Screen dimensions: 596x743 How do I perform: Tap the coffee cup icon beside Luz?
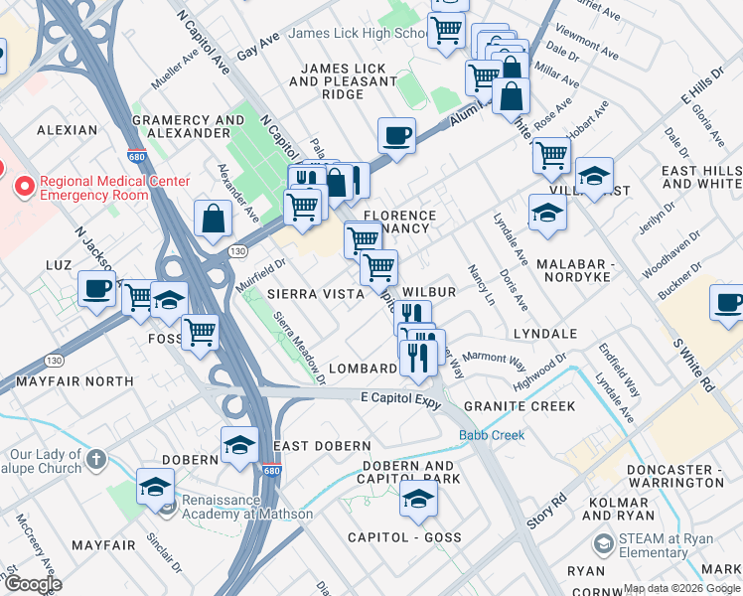coord(97,289)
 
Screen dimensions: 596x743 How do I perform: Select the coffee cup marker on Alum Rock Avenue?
coord(396,136)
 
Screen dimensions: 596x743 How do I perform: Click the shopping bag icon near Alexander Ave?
coord(215,219)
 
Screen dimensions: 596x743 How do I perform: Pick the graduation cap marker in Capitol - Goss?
coord(418,500)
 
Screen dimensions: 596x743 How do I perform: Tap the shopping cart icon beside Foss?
coord(201,332)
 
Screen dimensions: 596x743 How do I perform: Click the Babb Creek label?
coord(487,436)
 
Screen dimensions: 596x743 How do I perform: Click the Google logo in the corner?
coord(33,585)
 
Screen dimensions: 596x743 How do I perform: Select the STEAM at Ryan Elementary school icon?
coord(602,544)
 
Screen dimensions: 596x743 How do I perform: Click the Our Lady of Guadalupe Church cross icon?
coord(94,459)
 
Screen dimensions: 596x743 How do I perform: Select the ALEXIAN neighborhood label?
coord(68,130)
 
